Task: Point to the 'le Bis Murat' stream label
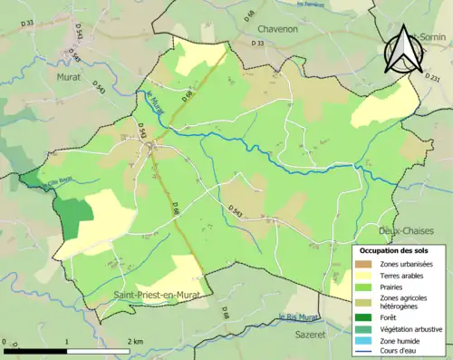(x=301, y=316)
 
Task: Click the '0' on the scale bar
(x=6, y=340)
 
